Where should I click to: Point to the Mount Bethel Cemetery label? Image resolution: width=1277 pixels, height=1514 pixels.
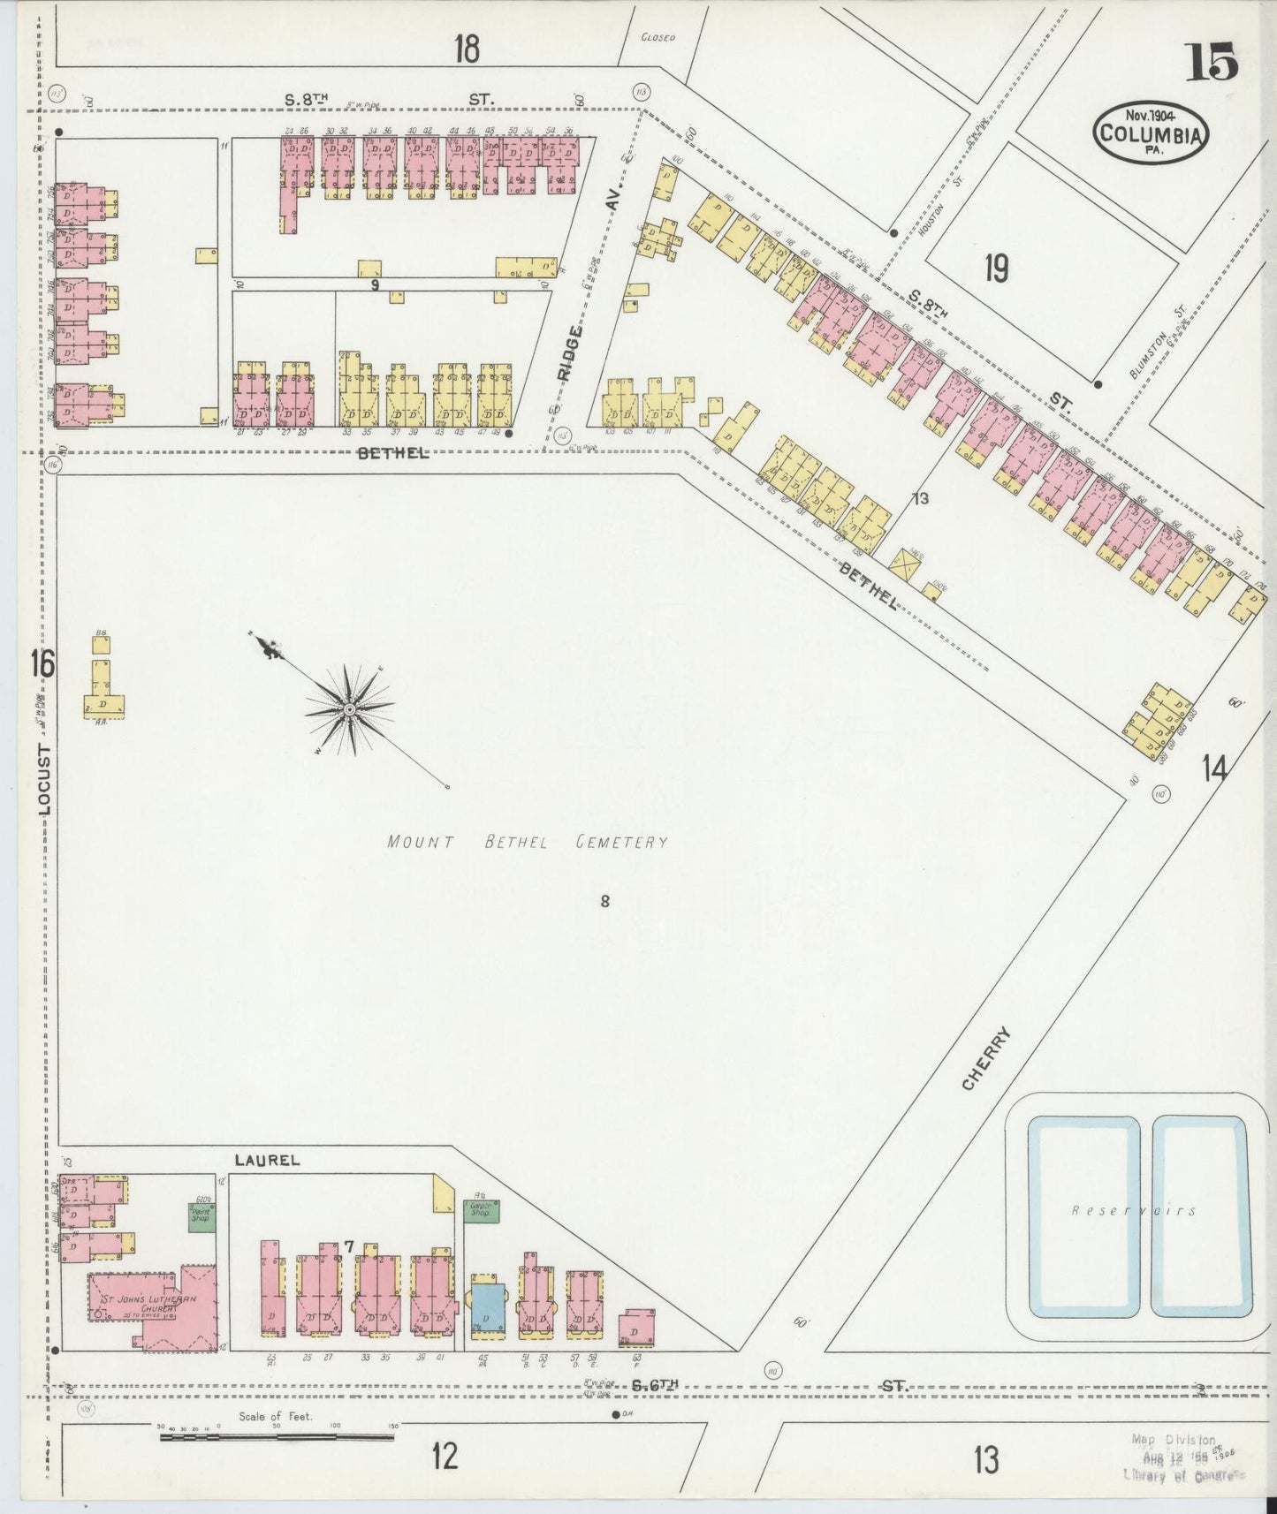pos(527,842)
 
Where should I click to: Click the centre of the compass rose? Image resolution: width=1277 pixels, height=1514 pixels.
pos(350,709)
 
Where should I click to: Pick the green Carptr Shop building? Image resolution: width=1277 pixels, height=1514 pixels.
pos(482,1210)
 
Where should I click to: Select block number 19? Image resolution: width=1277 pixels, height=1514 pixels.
pos(996,267)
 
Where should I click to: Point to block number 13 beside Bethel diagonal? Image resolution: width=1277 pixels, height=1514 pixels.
pos(921,499)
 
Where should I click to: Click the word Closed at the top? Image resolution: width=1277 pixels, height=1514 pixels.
pos(658,38)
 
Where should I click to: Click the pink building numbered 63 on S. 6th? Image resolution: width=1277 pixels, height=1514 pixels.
pos(637,1325)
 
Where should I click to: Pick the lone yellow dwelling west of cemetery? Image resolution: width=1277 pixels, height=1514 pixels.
pos(103,689)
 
